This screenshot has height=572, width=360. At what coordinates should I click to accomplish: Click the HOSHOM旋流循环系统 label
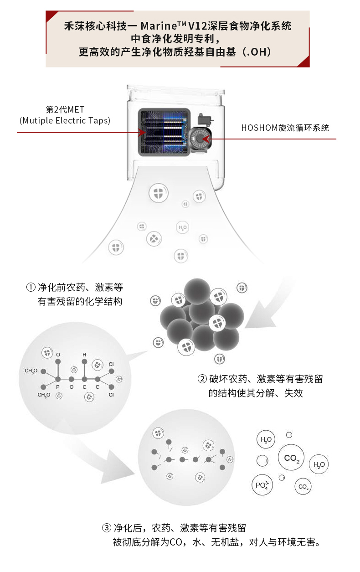pos(285,128)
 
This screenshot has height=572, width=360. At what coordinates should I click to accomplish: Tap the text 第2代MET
pos(65,110)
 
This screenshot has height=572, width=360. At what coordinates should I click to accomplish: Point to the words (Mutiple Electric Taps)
pos(65,121)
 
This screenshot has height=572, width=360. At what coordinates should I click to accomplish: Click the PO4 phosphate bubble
pos(262,485)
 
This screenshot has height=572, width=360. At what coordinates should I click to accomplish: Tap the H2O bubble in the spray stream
pos(182,227)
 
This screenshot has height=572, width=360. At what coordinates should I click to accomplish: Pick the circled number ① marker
pos(31,288)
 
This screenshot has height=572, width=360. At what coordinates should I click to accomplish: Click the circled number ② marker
pos(202,379)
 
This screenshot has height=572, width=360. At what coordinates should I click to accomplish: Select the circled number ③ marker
pos(106,528)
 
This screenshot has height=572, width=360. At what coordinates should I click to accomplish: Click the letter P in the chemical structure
pos(58,387)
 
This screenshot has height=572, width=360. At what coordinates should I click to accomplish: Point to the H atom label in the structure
pos(84,354)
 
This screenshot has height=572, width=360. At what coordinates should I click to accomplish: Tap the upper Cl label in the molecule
pos(111,364)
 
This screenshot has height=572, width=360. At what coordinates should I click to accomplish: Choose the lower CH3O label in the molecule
pos(44,395)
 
